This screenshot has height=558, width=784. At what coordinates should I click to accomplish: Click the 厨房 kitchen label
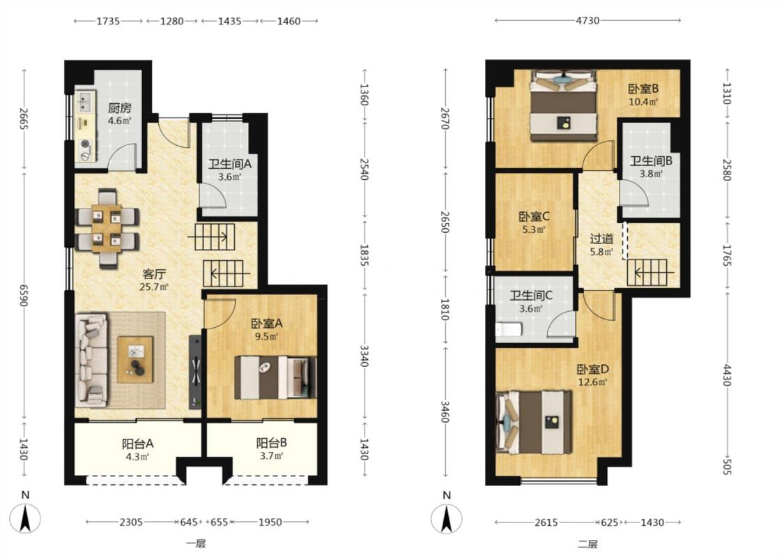click(119, 107)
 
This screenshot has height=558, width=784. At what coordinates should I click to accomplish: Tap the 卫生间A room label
click(229, 164)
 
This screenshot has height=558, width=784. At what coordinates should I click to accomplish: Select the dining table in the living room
click(107, 227)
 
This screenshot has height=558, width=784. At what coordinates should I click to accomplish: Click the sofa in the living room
click(91, 359)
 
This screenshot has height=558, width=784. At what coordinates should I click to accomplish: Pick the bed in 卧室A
click(275, 377)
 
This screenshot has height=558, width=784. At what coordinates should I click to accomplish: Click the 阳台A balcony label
click(137, 444)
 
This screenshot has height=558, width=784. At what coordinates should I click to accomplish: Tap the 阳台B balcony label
click(272, 443)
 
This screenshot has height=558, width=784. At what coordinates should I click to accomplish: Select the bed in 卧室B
click(564, 105)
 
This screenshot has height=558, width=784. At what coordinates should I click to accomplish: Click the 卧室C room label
click(534, 217)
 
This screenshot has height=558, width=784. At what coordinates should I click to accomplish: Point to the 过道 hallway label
click(601, 239)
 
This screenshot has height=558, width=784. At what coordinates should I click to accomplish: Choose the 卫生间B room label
click(651, 161)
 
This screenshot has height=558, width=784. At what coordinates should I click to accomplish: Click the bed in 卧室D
click(534, 423)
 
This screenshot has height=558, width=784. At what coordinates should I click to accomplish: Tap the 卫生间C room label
click(531, 295)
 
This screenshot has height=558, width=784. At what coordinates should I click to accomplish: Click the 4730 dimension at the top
click(587, 20)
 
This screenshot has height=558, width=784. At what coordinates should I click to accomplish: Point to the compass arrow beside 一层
click(26, 518)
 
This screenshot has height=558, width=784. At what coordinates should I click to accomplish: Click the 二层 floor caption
click(587, 544)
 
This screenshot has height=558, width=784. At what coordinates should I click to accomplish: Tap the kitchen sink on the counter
click(86, 102)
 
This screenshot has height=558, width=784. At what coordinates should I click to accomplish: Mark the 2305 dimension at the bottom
click(131, 522)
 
